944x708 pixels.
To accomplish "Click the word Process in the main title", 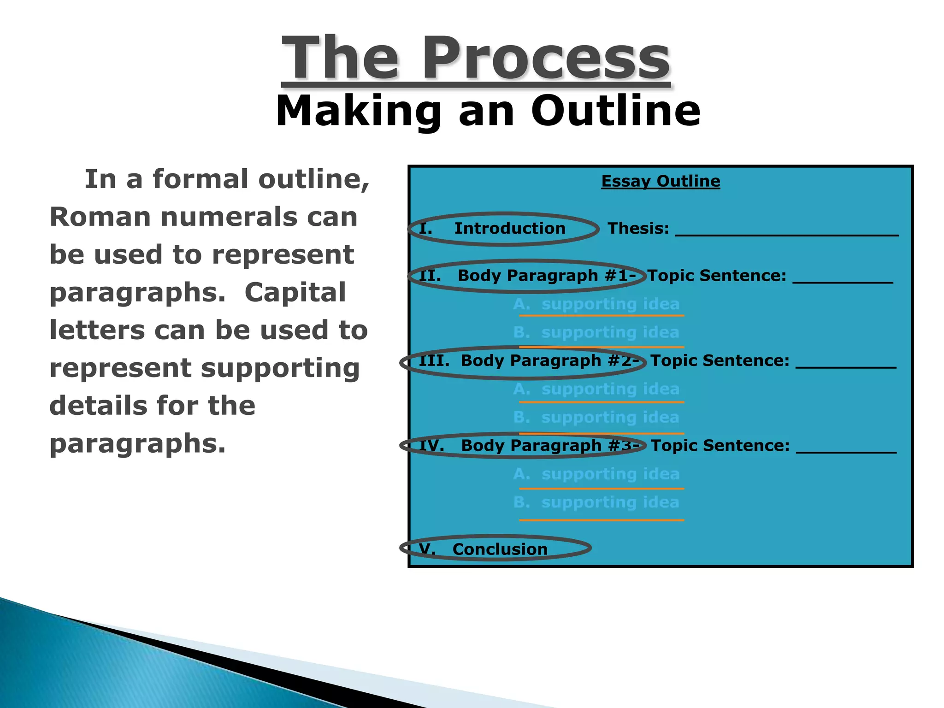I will (x=546, y=59).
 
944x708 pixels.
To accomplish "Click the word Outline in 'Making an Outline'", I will (x=616, y=111).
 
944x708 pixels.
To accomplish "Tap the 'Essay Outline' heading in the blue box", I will (x=661, y=181).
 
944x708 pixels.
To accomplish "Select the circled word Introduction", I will (x=510, y=228).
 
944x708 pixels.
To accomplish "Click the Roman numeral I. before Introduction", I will (x=425, y=228).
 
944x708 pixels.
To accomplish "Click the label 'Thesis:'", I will (x=638, y=228).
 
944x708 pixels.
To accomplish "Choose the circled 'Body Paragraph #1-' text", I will (x=547, y=276).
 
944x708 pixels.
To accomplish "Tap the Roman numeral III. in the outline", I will (x=434, y=360).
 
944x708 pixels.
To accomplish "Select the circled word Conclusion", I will (x=500, y=549).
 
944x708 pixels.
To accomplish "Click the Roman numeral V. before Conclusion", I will (x=427, y=549).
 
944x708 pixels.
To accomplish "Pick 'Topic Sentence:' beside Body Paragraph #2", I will (x=720, y=360).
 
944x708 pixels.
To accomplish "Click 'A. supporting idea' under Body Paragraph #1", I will (x=596, y=304).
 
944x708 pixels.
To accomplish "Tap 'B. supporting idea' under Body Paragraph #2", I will (x=596, y=417).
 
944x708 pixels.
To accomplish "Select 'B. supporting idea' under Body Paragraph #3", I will (x=596, y=502).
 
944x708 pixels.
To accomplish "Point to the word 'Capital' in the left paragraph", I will (x=295, y=292).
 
